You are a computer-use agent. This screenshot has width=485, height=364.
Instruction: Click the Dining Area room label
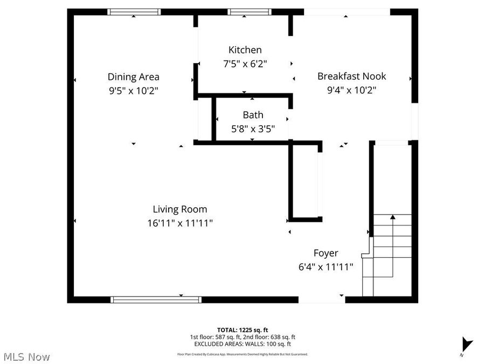[x=133, y=77]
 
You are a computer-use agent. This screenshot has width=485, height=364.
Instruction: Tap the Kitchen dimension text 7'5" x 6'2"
[x=245, y=64]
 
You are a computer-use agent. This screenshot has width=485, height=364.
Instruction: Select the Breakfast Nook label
[x=351, y=76]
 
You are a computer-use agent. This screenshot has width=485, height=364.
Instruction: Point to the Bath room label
[x=253, y=114]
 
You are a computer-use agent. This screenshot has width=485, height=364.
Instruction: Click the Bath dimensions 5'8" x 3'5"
[x=253, y=129]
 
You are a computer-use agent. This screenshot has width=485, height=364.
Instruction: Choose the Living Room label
[x=179, y=209]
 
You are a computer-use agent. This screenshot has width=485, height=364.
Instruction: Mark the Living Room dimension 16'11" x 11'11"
[x=179, y=223]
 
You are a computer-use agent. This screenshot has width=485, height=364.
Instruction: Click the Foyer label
[x=325, y=253]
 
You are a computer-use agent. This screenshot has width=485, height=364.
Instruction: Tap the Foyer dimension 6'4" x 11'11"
[x=325, y=266]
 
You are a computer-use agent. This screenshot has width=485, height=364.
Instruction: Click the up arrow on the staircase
[x=392, y=217]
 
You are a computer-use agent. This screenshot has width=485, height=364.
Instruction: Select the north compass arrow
[x=466, y=344]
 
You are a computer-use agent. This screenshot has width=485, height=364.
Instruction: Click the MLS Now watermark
[x=26, y=356]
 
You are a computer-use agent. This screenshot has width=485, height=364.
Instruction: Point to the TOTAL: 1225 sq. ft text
[x=242, y=329]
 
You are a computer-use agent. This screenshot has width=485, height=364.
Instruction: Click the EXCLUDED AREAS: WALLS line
[x=242, y=344]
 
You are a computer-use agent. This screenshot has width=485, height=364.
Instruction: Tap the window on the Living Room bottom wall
[x=156, y=299]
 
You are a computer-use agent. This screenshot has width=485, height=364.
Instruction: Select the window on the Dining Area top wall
[x=134, y=11]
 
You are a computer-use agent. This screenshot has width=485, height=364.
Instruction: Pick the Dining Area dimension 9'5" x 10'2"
[x=133, y=91]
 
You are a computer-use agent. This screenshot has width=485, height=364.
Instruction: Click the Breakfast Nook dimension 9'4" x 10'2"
[x=351, y=91]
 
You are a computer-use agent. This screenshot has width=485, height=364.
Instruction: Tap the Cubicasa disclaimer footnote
[x=242, y=354]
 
